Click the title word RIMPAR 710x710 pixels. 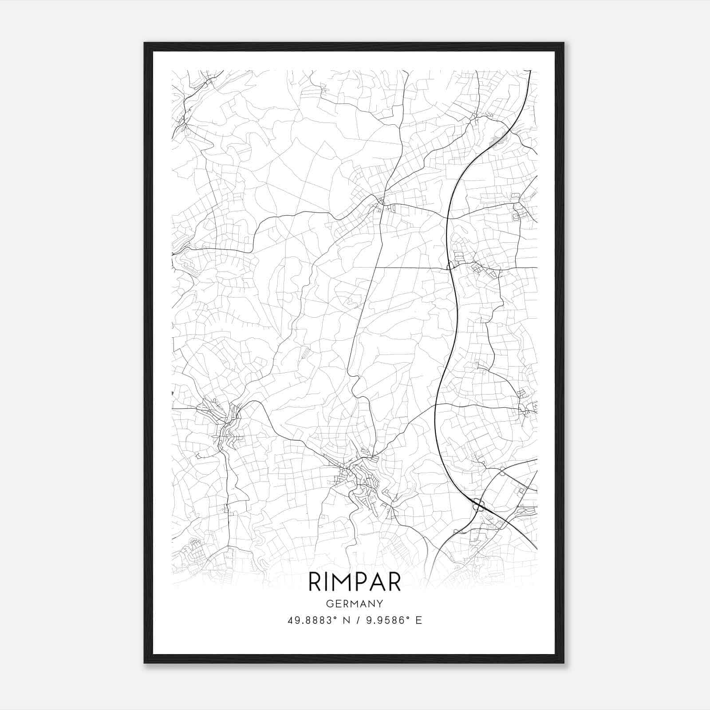click(355, 582)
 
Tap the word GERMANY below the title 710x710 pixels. click(355, 603)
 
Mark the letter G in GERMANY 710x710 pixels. click(329, 603)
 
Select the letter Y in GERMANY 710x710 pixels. click(380, 603)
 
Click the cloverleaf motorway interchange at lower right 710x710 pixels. click(478, 505)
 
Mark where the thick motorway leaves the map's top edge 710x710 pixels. click(530, 71)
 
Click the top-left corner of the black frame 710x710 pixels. click(145, 43)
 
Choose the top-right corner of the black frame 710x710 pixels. click(564, 43)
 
